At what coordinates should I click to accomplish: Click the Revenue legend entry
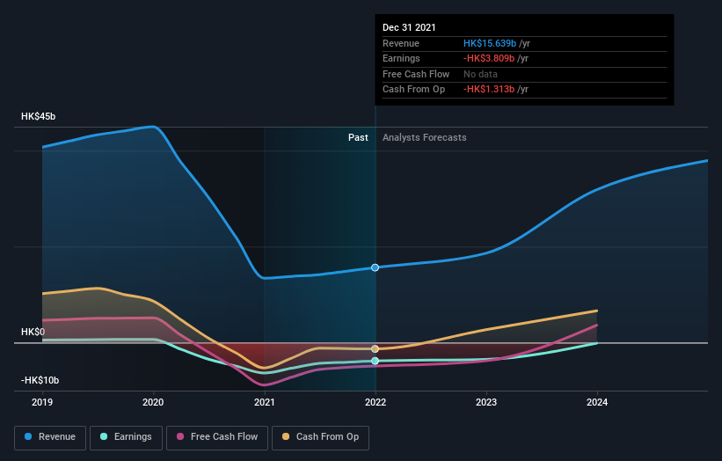click(x=50, y=436)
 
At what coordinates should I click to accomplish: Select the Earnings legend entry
click(x=126, y=436)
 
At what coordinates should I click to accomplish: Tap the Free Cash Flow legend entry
click(x=216, y=436)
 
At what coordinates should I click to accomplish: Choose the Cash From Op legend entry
click(x=321, y=436)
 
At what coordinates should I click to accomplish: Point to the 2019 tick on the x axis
click(x=42, y=403)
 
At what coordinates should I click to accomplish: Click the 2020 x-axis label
click(x=153, y=403)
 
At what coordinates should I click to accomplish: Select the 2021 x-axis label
click(x=265, y=403)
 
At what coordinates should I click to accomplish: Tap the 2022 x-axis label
click(x=376, y=403)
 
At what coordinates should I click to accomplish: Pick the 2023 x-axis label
click(x=486, y=403)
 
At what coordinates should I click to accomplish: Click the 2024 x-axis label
click(x=597, y=403)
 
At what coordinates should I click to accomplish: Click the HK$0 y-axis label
click(x=33, y=332)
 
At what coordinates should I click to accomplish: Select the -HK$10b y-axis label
click(x=40, y=380)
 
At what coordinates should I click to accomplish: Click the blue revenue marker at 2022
click(x=376, y=267)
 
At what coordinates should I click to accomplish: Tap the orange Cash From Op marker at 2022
click(x=376, y=349)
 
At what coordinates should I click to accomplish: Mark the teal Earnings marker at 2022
click(x=376, y=361)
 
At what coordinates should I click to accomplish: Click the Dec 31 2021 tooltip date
click(x=409, y=28)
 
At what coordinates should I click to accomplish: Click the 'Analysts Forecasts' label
click(x=424, y=137)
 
